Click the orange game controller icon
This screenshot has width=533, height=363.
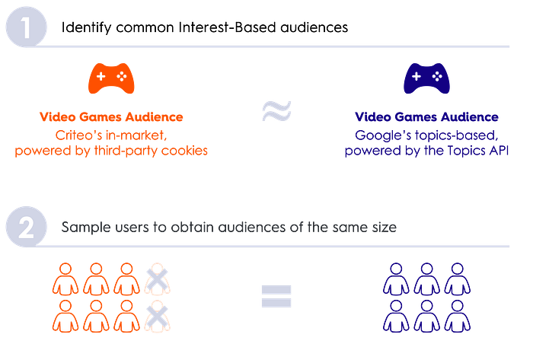tap(111, 78)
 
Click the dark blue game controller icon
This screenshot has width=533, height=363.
tap(426, 78)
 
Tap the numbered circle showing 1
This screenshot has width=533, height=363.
tap(26, 27)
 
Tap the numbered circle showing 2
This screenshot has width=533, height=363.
tap(26, 227)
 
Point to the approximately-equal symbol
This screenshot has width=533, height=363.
tap(276, 111)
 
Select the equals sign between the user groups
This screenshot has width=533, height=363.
tap(276, 296)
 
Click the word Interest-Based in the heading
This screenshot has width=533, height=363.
tap(227, 27)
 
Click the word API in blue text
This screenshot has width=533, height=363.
tap(499, 150)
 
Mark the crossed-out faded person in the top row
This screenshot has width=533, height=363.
tap(157, 279)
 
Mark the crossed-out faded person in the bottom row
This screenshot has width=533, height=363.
tap(157, 316)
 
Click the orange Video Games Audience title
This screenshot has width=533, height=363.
tap(111, 117)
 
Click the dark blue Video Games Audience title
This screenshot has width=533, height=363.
tap(426, 117)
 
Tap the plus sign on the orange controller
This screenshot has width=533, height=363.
tap(101, 76)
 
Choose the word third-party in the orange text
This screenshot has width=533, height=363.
tap(126, 151)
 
